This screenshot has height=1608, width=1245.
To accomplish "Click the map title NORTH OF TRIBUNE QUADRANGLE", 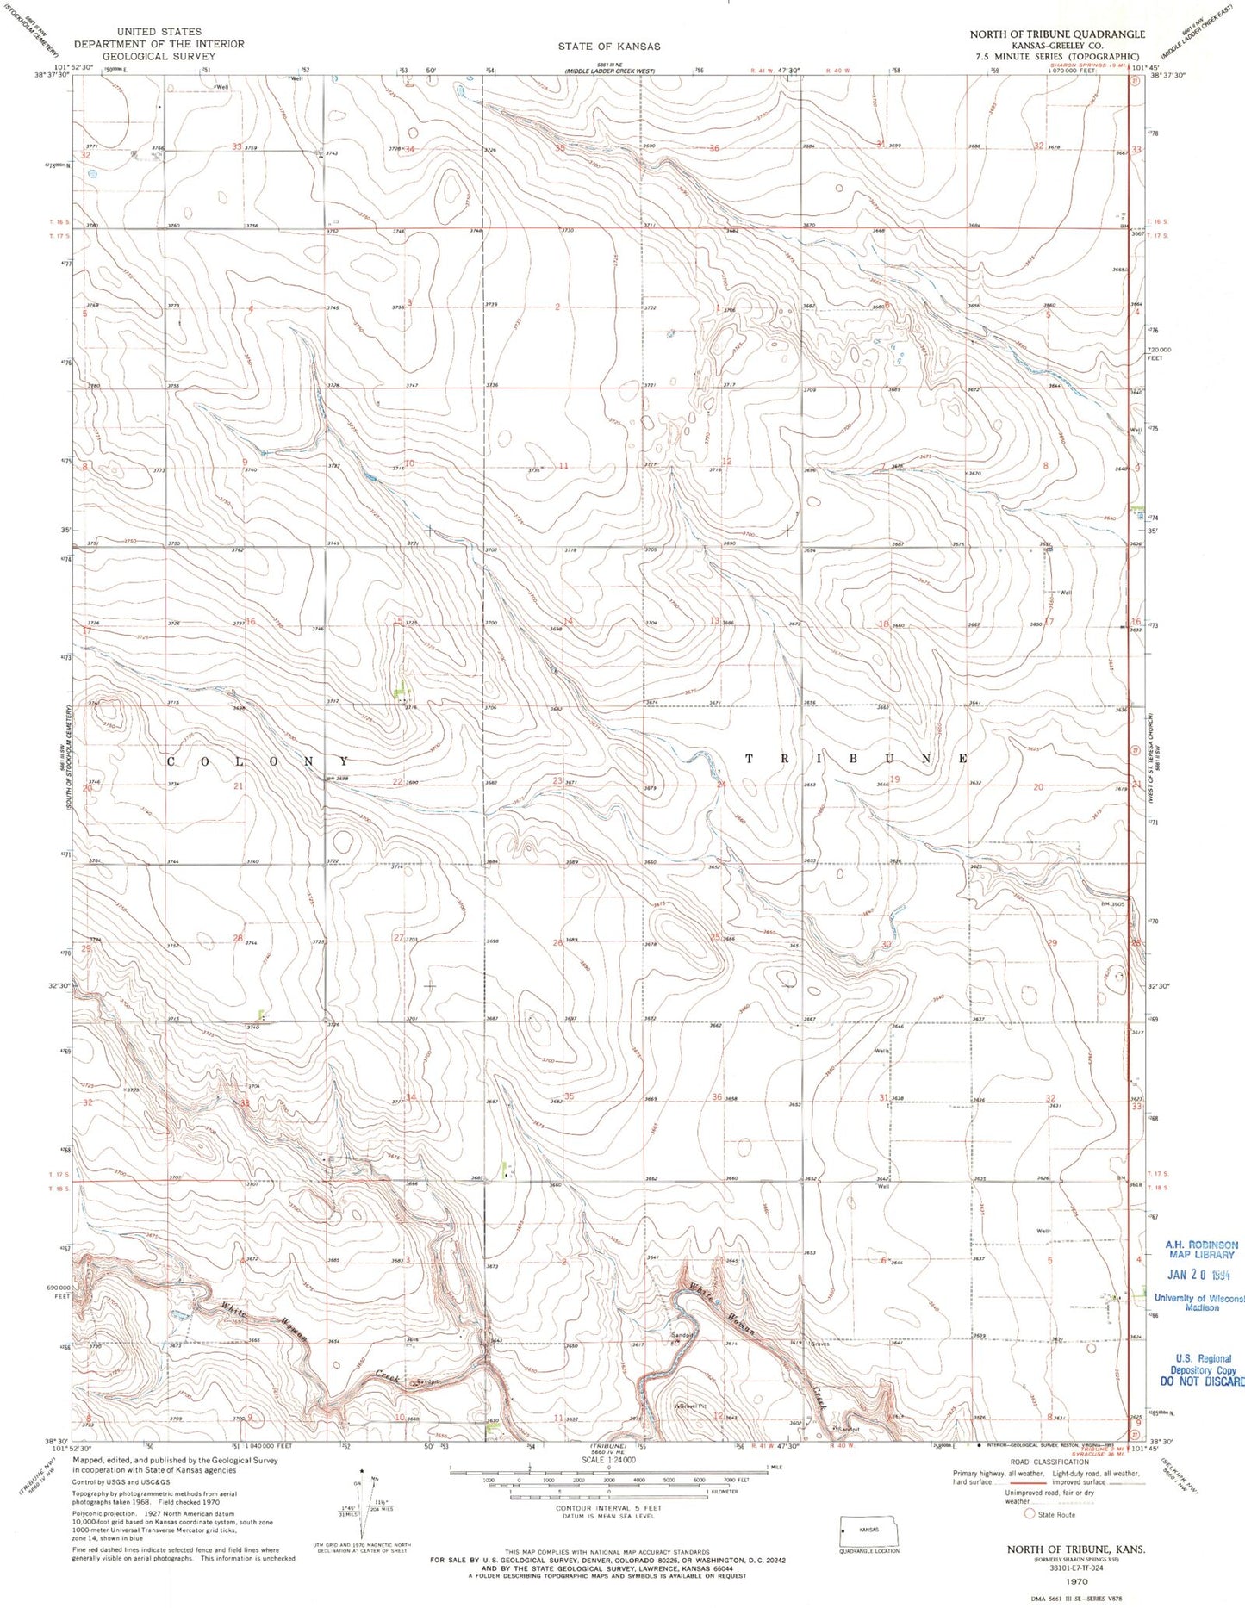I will tap(1057, 34).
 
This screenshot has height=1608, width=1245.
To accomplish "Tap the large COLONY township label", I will tap(258, 762).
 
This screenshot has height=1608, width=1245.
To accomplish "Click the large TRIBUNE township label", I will tap(857, 759).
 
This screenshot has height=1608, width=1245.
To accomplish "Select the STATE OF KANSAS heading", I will tap(608, 46).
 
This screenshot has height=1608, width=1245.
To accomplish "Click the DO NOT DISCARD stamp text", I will tap(1203, 1381).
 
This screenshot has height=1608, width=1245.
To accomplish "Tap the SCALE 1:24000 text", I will tap(609, 1461).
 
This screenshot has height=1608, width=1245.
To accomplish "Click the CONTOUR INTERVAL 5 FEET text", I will tap(609, 1508).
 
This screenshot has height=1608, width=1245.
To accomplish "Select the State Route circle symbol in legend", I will tap(1029, 1513).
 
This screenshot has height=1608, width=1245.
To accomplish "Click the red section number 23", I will tap(558, 781).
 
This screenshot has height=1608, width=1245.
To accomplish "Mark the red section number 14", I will tap(567, 621).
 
